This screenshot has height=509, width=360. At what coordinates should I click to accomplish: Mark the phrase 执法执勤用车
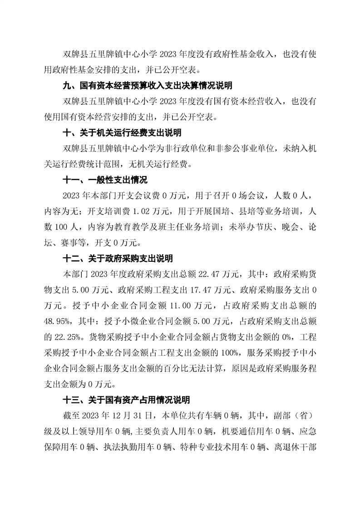(132, 448)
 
